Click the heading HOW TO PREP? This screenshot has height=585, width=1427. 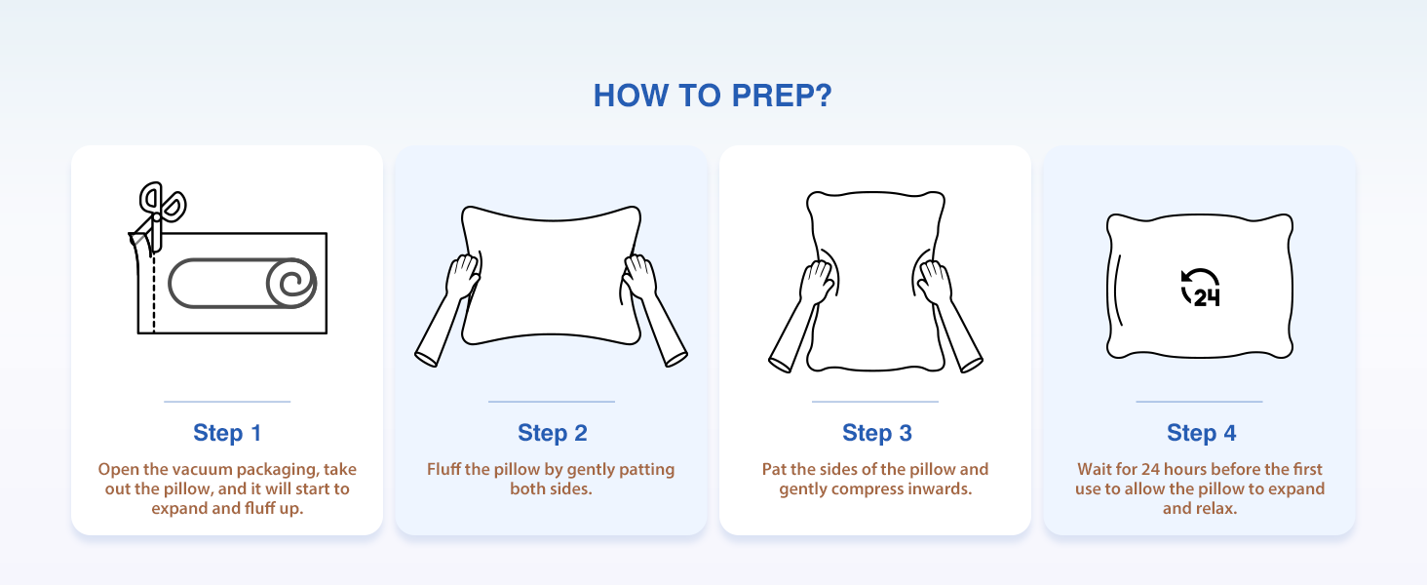(x=713, y=96)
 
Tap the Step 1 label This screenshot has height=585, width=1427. (x=227, y=433)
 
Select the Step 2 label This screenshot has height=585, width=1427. (x=553, y=433)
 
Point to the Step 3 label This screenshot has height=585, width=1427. (x=876, y=433)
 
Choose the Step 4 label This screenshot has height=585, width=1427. (x=1202, y=433)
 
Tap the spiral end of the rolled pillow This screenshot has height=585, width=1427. (x=291, y=283)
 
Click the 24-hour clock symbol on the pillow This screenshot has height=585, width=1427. (x=1200, y=288)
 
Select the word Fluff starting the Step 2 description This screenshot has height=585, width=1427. (x=444, y=470)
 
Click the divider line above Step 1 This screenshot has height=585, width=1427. (x=227, y=402)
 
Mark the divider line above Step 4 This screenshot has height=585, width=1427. (x=1199, y=402)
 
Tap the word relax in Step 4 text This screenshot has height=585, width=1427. (x=1216, y=509)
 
